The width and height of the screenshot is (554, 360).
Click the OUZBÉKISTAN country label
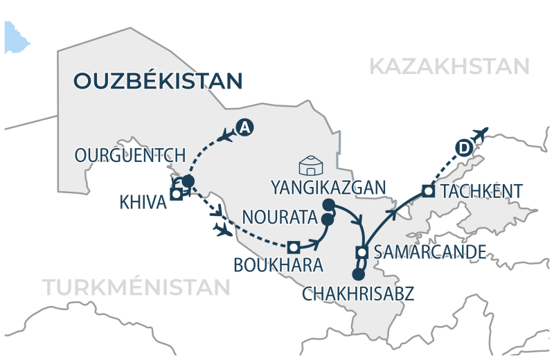point(157,80)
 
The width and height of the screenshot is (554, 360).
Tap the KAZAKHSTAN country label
point(449,66)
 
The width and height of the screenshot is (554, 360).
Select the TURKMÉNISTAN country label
point(136,287)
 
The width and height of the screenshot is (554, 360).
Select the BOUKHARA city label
point(278,265)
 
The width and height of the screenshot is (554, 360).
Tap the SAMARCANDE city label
point(429,252)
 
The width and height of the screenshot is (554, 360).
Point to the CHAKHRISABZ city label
point(358,294)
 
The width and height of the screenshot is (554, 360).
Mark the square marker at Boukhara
point(294,246)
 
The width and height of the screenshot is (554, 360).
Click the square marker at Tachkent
point(428,190)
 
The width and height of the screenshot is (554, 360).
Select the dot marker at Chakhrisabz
point(358,274)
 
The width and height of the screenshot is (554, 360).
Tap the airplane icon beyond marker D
point(480,132)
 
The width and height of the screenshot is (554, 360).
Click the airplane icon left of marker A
point(225,136)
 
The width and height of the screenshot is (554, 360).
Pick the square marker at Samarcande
point(361,252)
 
